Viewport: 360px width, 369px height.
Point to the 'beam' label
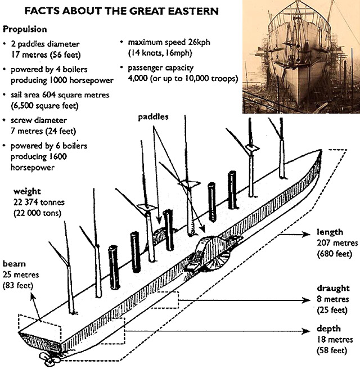point(13,264)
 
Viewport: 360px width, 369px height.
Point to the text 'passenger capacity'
point(166,68)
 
